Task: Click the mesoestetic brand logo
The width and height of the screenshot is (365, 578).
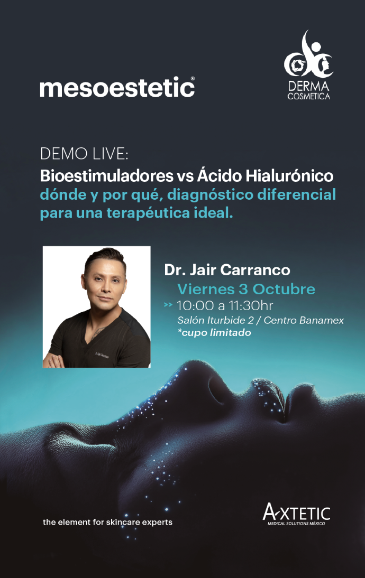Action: (117, 87)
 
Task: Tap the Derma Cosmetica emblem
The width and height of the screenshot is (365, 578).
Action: (308, 65)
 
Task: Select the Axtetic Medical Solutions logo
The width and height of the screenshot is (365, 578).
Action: (296, 514)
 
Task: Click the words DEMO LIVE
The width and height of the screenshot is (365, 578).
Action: (84, 154)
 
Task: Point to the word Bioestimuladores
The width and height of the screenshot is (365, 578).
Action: (107, 175)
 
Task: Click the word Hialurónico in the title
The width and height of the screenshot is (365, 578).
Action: (289, 175)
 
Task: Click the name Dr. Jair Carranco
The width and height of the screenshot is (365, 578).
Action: (227, 270)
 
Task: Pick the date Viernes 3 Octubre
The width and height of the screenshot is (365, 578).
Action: (246, 289)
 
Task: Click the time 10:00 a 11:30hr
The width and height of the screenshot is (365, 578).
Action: (224, 305)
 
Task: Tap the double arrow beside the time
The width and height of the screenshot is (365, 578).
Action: (168, 305)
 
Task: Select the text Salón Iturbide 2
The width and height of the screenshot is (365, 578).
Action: (215, 320)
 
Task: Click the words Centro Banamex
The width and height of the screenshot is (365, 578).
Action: (304, 320)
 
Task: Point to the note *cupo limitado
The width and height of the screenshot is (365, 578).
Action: (214, 332)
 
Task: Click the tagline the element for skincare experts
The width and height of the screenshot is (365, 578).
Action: (107, 522)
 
